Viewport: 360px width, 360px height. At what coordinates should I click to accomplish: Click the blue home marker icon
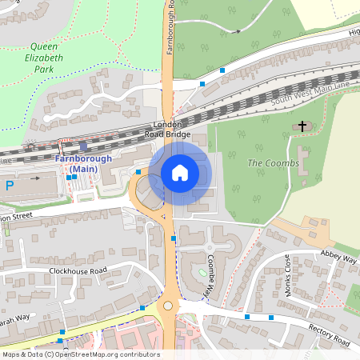click(180, 172)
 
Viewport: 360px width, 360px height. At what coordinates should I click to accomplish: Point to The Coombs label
click(273, 163)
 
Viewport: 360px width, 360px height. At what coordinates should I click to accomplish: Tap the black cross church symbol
click(302, 126)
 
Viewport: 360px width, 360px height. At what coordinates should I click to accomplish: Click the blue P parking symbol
click(10, 186)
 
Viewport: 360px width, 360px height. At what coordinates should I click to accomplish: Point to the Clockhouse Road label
click(77, 271)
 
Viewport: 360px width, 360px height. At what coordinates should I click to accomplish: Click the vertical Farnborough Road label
click(170, 28)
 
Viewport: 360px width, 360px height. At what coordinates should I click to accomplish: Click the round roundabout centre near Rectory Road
click(168, 306)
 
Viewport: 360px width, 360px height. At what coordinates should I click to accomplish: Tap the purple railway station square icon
click(83, 146)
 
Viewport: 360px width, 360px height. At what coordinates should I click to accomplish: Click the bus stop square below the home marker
click(173, 238)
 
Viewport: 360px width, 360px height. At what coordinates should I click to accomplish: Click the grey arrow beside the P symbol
click(34, 179)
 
